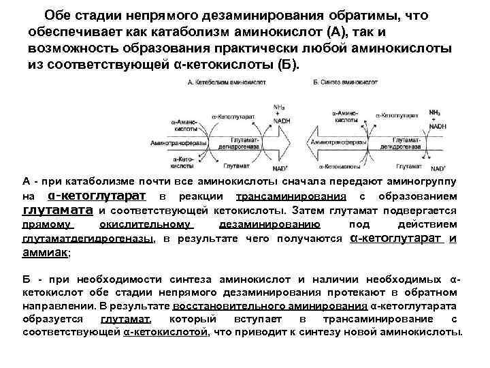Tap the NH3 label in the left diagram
[x=278, y=108]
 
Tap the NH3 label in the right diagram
[x=434, y=110]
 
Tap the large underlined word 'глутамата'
[x=57, y=210]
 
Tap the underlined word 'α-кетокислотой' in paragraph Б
[x=164, y=333]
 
